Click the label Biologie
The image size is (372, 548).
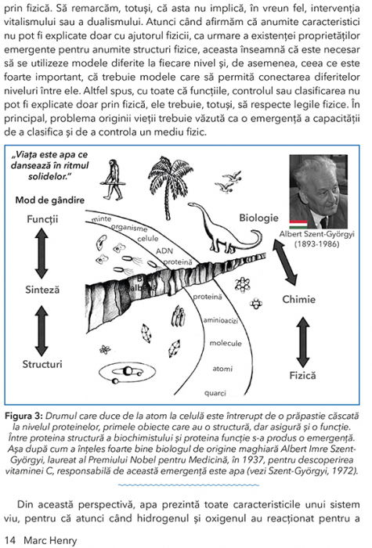259,218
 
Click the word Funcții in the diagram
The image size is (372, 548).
42,218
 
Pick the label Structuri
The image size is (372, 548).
42,363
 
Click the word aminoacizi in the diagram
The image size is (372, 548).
220,320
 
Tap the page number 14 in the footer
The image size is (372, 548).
9,539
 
